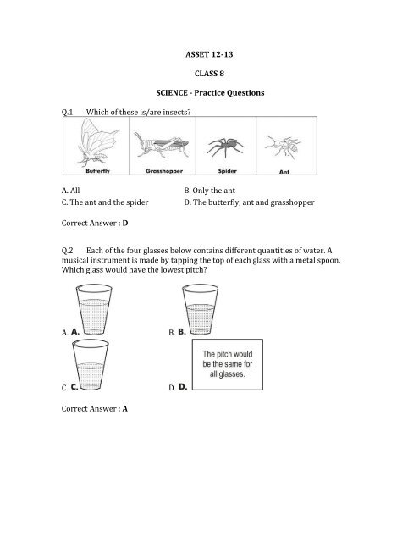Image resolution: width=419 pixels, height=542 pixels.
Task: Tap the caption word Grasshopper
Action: (x=161, y=169)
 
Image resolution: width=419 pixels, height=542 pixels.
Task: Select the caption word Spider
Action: (x=228, y=169)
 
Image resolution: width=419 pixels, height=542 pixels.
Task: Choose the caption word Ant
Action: (x=285, y=169)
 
